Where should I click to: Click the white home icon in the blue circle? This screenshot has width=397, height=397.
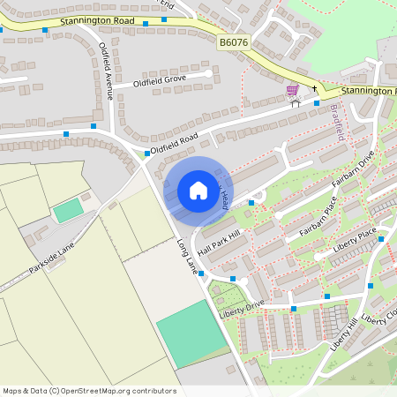pyautogui.click(x=198, y=191)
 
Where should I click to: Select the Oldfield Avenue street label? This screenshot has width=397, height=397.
pyautogui.click(x=107, y=70)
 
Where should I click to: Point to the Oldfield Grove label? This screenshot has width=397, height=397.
pyautogui.click(x=160, y=80)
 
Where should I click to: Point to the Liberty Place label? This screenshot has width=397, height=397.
pyautogui.click(x=355, y=239)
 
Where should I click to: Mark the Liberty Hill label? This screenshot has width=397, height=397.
pyautogui.click(x=346, y=334)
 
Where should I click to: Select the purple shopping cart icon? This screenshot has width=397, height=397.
pyautogui.click(x=292, y=90)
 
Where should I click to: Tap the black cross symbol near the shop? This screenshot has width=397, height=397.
pyautogui.click(x=313, y=88)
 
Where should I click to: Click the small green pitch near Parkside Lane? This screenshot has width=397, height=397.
pyautogui.click(x=67, y=211)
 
